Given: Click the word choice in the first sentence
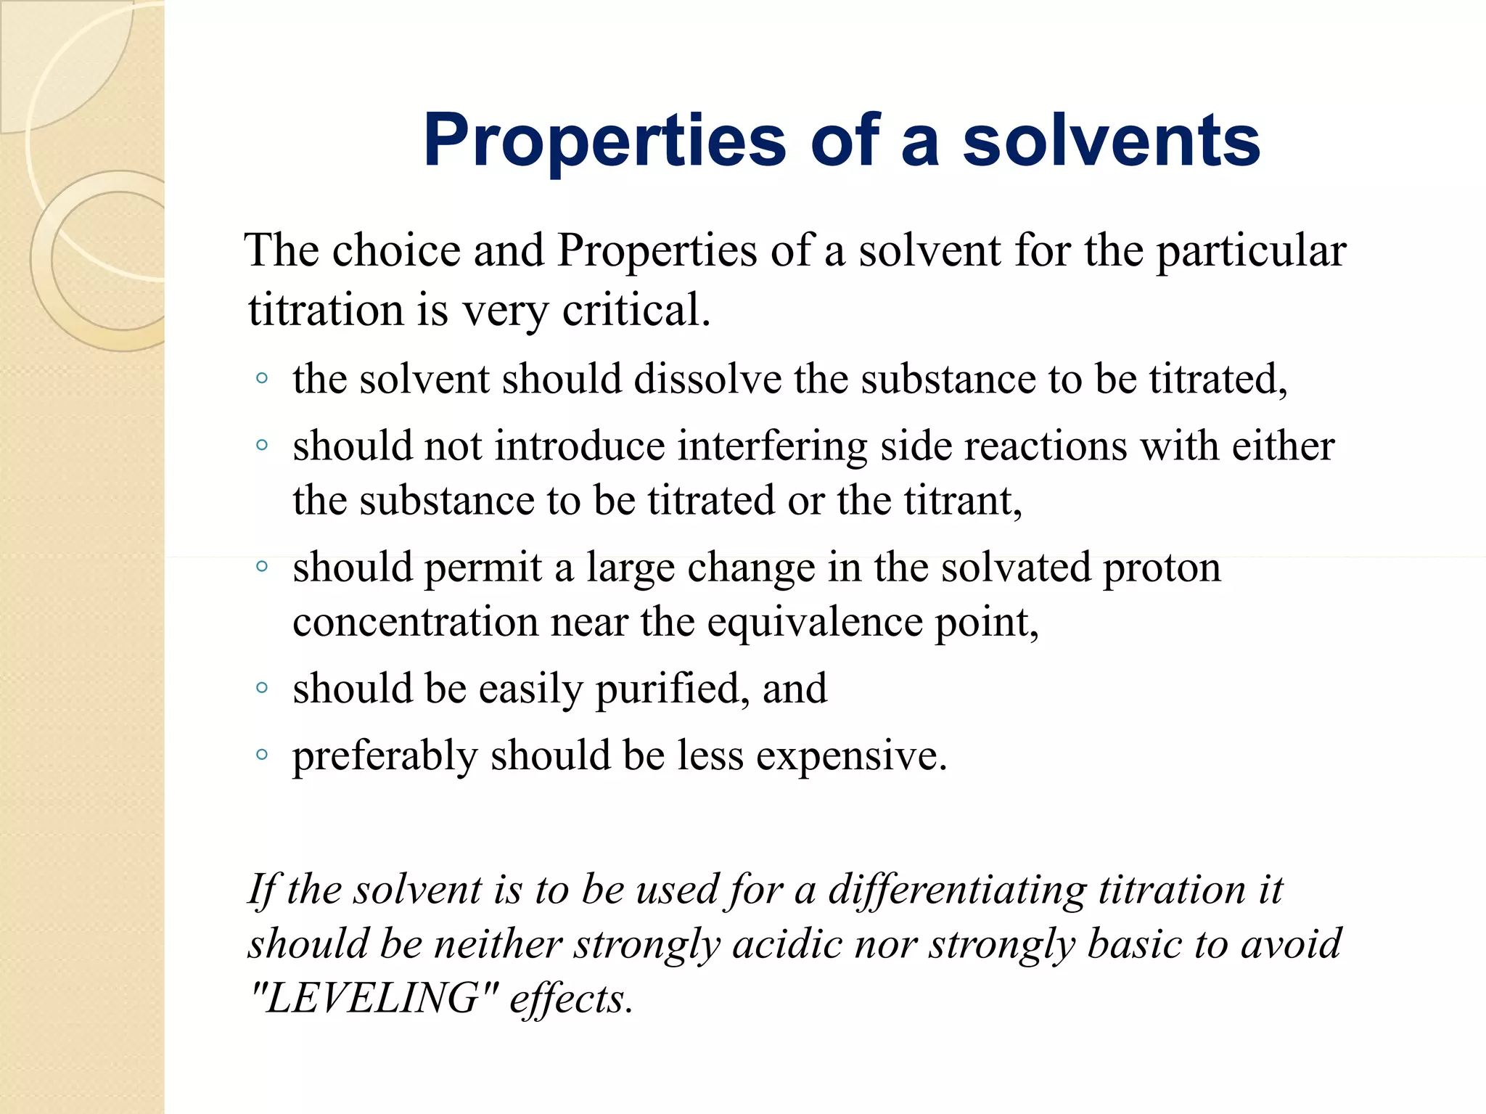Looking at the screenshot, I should [x=396, y=251].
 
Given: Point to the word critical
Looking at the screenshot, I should [x=636, y=310].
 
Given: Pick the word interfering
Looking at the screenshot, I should [x=772, y=446].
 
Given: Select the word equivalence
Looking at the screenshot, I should [x=813, y=622].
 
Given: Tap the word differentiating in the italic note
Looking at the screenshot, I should [x=956, y=890].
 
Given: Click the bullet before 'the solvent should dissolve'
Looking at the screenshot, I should [x=262, y=378].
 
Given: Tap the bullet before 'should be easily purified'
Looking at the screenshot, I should [x=262, y=687].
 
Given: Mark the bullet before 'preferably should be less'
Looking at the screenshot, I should [x=262, y=754].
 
